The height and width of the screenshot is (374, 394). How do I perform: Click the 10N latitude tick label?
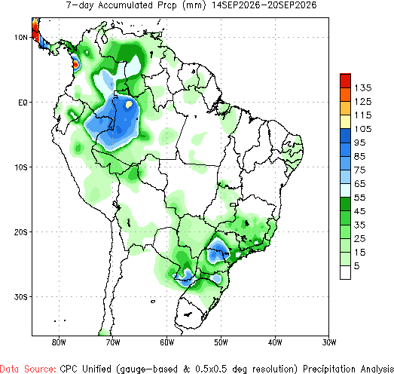(x=20, y=38)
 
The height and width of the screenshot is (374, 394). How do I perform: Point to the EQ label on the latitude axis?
(x=23, y=103)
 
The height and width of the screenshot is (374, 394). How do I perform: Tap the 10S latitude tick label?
(x=20, y=167)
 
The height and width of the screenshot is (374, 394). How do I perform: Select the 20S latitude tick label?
(x=20, y=232)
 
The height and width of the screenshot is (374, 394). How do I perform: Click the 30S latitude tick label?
(x=20, y=297)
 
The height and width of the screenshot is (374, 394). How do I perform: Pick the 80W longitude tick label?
(x=59, y=342)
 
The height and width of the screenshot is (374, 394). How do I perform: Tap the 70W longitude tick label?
(x=113, y=342)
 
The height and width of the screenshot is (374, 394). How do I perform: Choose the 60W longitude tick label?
(x=166, y=342)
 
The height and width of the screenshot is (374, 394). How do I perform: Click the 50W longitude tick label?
(x=221, y=342)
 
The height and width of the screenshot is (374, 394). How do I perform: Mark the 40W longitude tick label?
(x=275, y=342)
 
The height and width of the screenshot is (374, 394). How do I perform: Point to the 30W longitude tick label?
(x=329, y=342)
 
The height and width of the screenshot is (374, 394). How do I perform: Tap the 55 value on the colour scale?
(x=360, y=198)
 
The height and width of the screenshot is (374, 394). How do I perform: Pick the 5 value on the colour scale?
(x=357, y=266)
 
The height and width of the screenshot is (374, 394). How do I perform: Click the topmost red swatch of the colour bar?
(x=345, y=81)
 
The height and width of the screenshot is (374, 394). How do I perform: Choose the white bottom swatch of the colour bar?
(x=345, y=272)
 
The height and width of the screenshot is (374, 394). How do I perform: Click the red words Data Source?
(x=28, y=369)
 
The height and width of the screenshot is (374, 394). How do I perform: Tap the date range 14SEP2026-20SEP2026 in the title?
(x=264, y=5)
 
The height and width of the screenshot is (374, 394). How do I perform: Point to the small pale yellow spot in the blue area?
(x=129, y=104)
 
